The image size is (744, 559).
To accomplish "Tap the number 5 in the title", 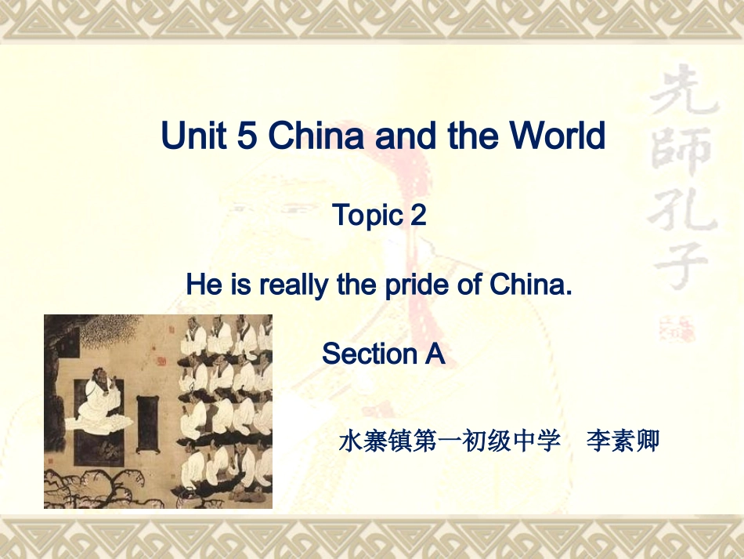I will pos(246,136).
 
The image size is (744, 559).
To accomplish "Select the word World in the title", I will pos(558,136).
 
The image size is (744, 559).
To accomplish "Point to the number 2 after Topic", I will pos(418,215).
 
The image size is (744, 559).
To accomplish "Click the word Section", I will pos(368,354).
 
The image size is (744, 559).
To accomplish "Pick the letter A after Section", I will pos(435,354).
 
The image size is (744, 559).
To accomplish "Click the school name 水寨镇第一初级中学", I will pos(450,441).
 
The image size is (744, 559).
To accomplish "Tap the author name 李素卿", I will pos(623,441).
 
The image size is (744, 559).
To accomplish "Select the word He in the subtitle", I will pos(204,285).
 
